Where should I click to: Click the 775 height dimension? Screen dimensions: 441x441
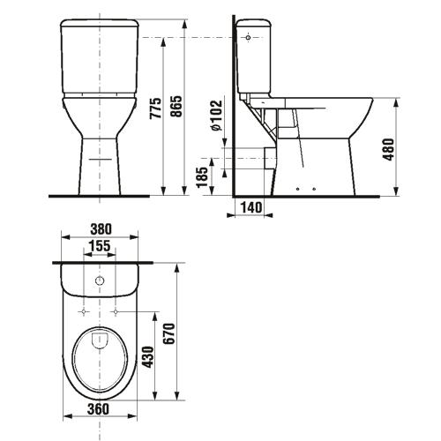coord(156,108)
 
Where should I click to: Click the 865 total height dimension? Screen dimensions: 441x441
coord(176,107)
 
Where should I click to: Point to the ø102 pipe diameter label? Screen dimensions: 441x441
coord(216,116)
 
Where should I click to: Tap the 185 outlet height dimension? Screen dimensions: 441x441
coord(202,177)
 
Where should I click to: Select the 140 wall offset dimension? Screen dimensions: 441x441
coord(251,207)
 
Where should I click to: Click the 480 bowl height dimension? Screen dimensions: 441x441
coord(388,149)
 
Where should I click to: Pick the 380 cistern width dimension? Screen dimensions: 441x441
coord(101,229)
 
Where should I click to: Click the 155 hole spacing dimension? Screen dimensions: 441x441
coord(100,246)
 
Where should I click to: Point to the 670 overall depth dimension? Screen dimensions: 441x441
coord(169,333)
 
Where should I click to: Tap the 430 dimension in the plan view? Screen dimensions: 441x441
coord(148,357)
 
